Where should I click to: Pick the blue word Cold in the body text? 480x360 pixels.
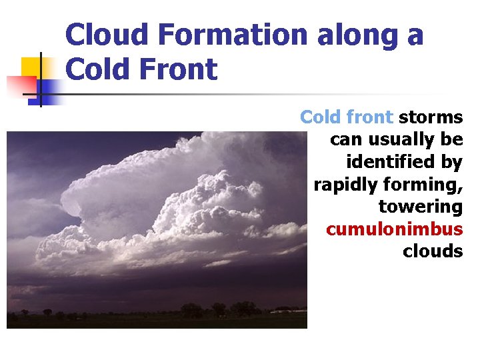(x=320, y=117)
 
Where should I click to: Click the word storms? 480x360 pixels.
(x=431, y=117)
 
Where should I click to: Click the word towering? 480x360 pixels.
(x=420, y=207)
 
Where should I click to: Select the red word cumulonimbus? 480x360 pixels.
(x=394, y=229)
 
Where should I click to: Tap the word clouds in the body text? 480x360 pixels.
(x=432, y=251)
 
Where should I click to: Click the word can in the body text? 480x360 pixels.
(x=345, y=140)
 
